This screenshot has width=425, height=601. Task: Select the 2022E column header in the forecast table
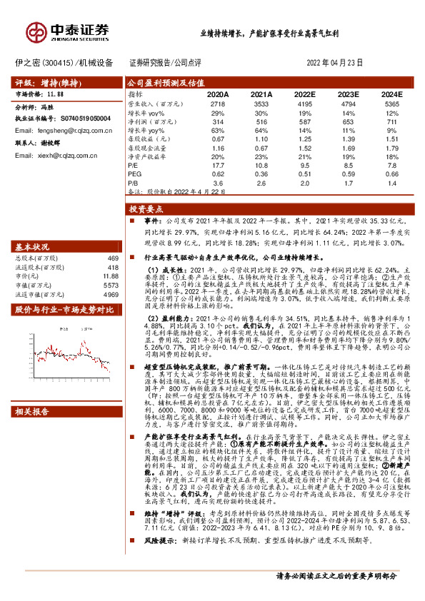[304, 94]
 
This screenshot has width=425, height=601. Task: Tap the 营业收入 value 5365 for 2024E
[392, 103]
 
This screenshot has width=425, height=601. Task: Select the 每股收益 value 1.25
[304, 138]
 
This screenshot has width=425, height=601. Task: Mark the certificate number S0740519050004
[79, 118]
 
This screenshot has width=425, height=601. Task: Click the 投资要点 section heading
[146, 211]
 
